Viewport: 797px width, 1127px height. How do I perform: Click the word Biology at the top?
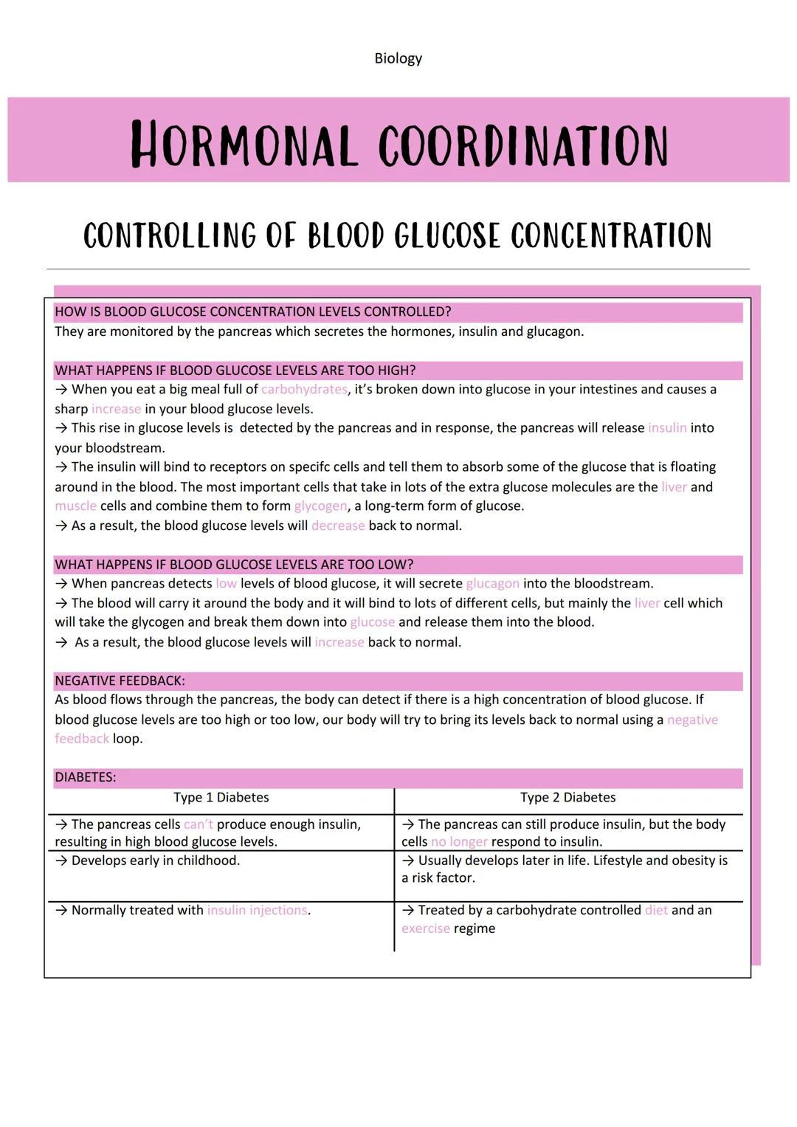pos(398,58)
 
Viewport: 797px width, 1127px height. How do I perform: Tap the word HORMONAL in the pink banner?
pos(244,145)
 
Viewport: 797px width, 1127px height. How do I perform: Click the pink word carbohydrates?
pos(304,389)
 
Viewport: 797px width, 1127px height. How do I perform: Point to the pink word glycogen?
pos(320,506)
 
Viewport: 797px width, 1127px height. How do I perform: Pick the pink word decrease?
pos(338,525)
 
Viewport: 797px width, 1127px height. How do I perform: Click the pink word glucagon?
pos(492,584)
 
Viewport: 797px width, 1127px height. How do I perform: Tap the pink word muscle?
pos(75,506)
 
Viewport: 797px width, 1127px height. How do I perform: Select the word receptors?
pos(262,467)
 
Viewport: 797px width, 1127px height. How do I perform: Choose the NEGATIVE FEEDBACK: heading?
pos(120,680)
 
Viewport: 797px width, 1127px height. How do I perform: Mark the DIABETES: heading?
pos(85,777)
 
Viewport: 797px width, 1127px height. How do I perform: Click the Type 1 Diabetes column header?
pos(221,798)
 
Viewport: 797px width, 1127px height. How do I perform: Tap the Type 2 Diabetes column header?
pos(567,798)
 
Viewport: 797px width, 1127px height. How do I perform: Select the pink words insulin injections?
pos(257,911)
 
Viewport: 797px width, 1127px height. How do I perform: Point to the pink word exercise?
pos(425,928)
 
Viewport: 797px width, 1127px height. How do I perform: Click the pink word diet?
pos(656,911)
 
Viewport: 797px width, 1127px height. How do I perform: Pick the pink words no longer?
pos(459,842)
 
